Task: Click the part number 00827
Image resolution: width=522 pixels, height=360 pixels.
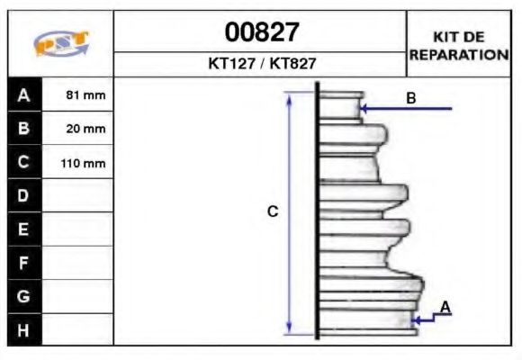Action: pos(260,32)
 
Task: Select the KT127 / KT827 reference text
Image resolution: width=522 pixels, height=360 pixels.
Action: pos(260,65)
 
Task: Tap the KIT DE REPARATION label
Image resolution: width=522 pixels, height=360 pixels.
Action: pos(459,45)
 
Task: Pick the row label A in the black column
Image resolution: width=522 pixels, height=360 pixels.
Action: pos(24,94)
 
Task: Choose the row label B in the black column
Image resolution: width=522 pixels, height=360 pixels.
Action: pos(24,129)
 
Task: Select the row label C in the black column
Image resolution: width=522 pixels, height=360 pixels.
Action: pos(24,163)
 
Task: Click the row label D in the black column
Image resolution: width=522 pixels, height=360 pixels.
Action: pos(24,196)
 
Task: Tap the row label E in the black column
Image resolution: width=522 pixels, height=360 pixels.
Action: pos(24,229)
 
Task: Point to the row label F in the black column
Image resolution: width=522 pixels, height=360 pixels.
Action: pos(24,263)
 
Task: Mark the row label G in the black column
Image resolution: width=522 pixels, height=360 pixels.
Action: pos(24,296)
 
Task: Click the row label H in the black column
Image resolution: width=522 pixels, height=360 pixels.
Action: pos(24,329)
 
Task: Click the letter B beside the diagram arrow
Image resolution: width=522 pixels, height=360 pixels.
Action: pos(410,97)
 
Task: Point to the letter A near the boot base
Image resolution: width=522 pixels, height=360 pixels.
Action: pos(445,308)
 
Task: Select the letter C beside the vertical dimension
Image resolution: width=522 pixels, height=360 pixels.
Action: pos(273,212)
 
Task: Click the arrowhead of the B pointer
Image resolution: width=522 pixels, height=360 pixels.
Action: pos(364,109)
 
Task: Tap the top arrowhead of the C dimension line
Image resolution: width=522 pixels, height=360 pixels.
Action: pos(290,96)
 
